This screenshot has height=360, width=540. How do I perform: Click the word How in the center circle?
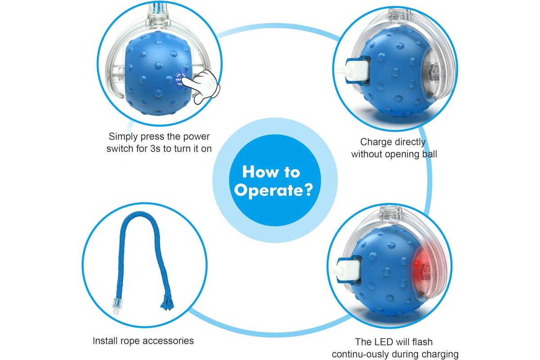click(x=261, y=172)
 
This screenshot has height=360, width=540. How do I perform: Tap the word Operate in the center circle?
click(x=268, y=191)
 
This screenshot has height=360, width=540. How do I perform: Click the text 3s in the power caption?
click(x=155, y=149)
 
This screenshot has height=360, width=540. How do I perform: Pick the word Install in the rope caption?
click(x=105, y=341)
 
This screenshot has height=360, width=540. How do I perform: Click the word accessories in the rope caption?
click(x=168, y=341)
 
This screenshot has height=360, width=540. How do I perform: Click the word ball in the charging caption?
click(x=430, y=154)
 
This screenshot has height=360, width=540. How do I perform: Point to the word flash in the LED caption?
click(x=423, y=342)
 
